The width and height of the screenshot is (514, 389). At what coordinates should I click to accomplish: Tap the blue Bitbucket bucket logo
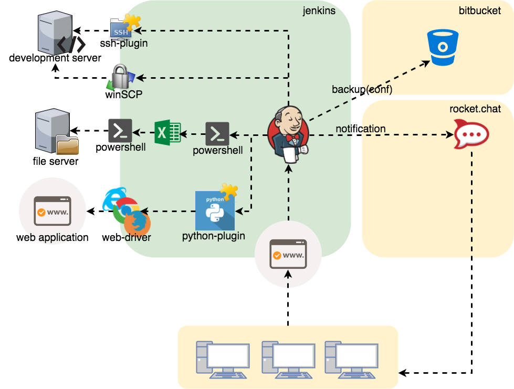coord(443,48)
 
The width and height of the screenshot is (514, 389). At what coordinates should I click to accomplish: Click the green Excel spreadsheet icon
coord(167,132)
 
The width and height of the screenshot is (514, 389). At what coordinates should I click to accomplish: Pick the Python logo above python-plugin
coord(215,211)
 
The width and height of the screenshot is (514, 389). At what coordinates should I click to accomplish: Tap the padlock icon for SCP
coord(121,77)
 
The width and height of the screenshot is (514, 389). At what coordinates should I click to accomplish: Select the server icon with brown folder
coord(56,132)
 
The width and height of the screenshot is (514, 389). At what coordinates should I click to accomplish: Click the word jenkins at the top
coord(319,10)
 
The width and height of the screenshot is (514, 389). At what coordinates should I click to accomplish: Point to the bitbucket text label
coord(479,10)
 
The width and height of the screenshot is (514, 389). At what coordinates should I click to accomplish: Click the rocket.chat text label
coord(475,109)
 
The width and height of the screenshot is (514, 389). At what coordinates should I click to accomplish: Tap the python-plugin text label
coord(213,236)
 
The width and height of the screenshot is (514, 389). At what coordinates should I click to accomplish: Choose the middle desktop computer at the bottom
coord(287,359)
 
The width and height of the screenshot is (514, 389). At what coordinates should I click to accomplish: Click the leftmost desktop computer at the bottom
coord(223,359)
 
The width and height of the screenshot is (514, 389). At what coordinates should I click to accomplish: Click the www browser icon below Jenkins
coord(287,255)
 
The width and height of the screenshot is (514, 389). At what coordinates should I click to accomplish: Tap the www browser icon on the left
coord(52,211)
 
